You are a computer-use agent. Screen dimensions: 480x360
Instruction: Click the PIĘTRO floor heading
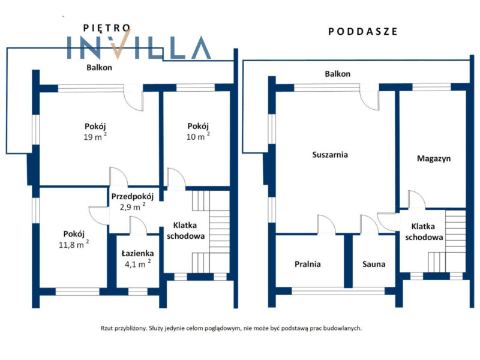107,28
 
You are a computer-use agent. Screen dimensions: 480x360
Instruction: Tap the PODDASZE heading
363,32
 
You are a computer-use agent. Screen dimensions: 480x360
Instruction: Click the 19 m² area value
95,137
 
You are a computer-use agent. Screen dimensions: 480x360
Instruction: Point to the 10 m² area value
198,137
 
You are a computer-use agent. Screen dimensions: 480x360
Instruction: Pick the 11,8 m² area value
74,244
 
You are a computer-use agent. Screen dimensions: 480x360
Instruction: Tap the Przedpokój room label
132,197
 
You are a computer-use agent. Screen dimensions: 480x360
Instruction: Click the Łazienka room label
137,253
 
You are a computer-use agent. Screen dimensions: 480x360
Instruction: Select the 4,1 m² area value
138,264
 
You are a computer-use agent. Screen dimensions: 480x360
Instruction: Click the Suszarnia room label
330,155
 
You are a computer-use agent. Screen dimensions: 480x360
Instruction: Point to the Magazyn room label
434,158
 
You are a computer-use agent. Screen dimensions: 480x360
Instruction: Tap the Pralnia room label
308,264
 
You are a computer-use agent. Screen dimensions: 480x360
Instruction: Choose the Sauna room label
374,264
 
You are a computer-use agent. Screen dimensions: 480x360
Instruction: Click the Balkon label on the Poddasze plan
338,74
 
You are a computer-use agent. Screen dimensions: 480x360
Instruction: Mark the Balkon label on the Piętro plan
99,67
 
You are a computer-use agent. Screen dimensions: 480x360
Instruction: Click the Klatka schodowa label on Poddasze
424,232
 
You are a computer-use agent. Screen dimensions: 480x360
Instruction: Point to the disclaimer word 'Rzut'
107,328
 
